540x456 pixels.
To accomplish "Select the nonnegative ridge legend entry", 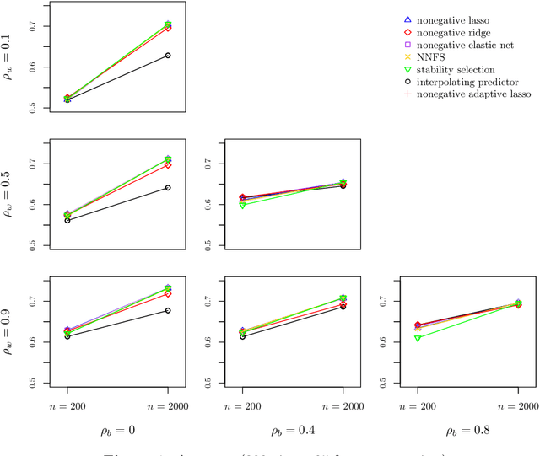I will coord(454,32).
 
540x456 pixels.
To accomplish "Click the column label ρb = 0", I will coord(118,432).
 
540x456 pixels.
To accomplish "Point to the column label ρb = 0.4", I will coord(292,432).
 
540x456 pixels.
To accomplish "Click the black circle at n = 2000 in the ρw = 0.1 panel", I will coord(168,56).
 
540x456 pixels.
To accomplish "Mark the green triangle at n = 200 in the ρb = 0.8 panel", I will coord(418,338).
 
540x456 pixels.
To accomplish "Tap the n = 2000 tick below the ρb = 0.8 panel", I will coord(518,405).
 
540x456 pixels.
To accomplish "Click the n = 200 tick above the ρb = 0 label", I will coord(67,405).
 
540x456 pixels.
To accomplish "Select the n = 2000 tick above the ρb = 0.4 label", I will coord(343,405).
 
